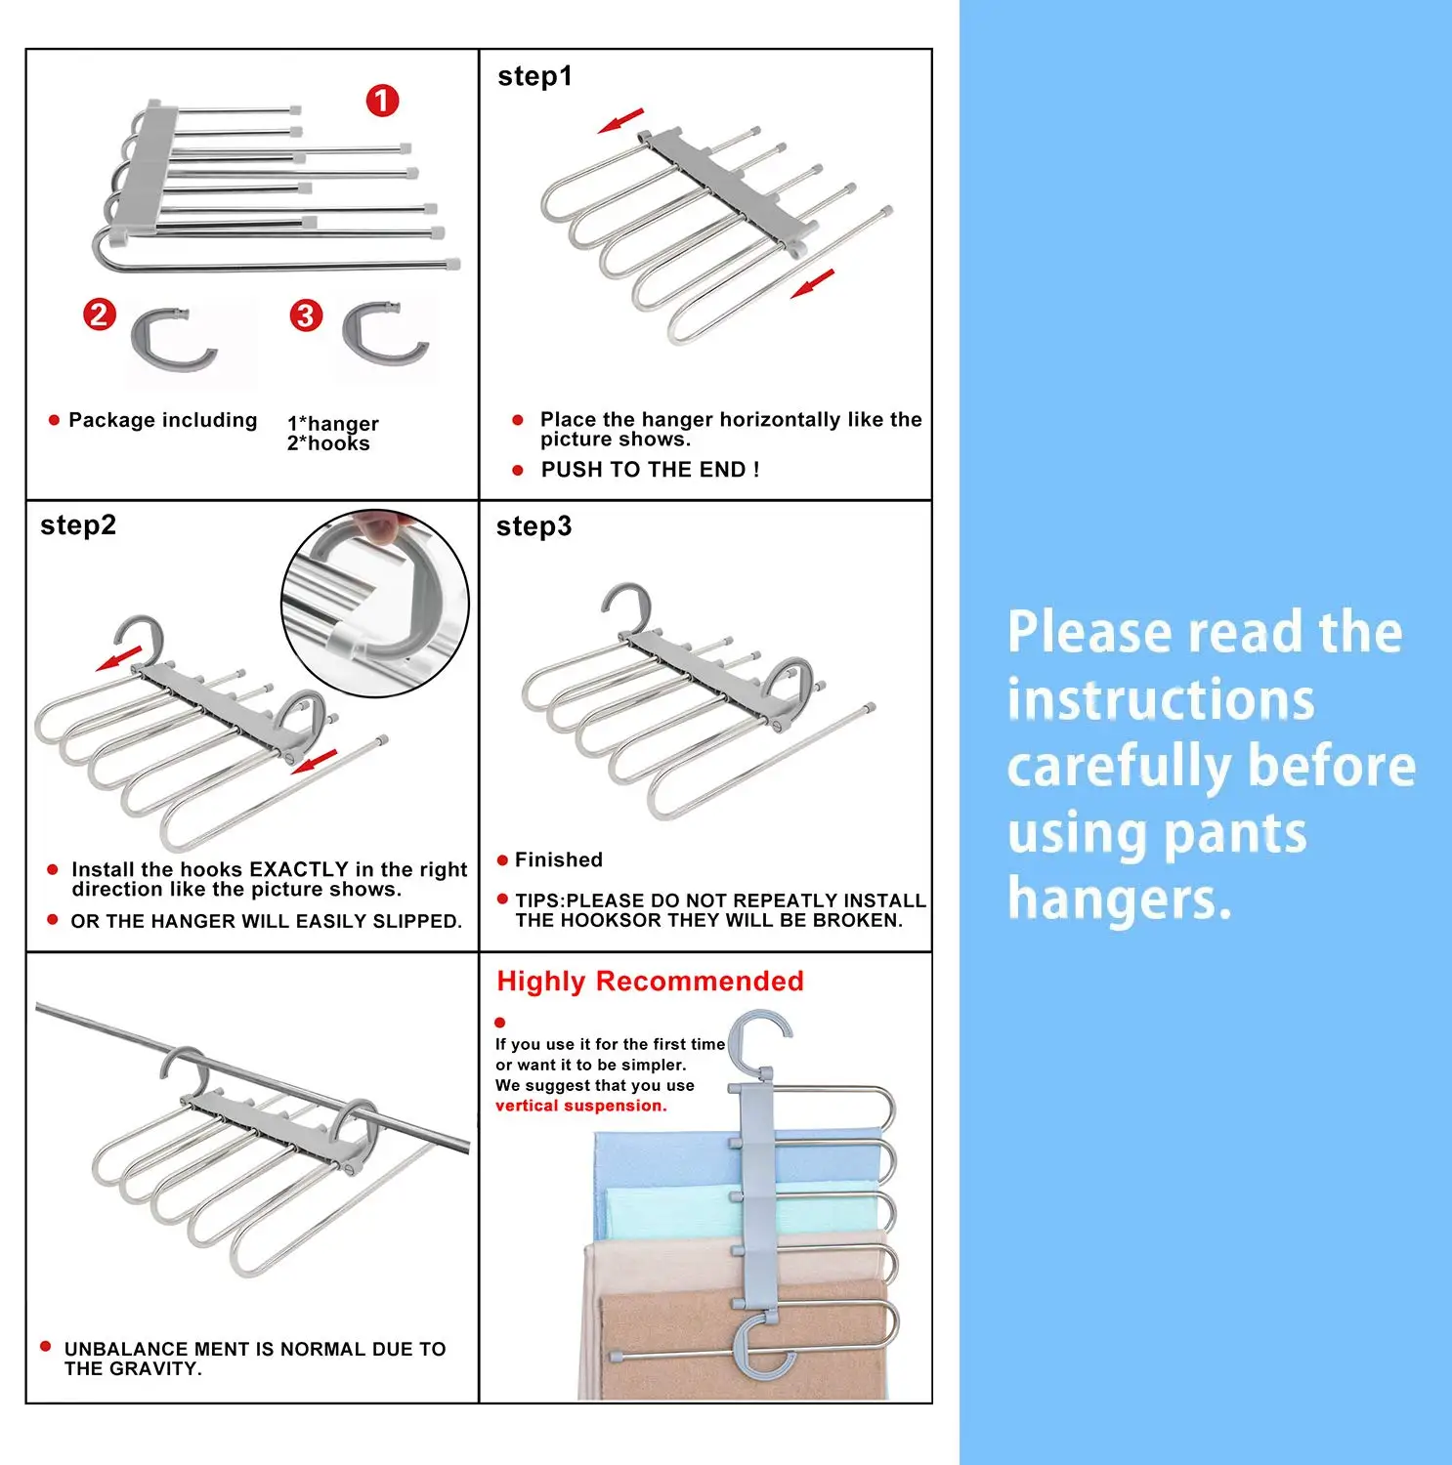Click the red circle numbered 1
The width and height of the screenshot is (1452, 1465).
382,101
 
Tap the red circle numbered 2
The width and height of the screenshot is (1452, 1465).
99,314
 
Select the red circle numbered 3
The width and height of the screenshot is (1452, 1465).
306,315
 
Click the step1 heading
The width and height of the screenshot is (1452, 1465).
534,76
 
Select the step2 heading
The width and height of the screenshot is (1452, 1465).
78,525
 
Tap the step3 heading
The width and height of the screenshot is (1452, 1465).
534,526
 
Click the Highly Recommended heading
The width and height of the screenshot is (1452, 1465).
650,982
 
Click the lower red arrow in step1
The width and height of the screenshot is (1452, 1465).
813,283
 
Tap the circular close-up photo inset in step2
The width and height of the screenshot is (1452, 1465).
375,603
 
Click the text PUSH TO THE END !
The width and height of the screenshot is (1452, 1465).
650,470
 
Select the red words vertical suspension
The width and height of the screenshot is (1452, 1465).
580,1106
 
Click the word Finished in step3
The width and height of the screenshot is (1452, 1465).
558,859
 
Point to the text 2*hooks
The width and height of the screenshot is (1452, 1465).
328,443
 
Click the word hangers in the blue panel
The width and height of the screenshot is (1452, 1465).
1119,899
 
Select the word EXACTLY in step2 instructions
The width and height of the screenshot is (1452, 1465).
299,869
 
